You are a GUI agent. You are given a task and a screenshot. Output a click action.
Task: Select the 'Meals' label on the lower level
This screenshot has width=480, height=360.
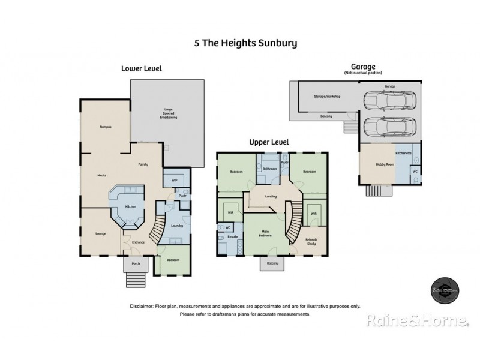coord(103,176)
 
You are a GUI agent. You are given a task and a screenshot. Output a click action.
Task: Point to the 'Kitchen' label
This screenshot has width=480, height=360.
coord(130,207)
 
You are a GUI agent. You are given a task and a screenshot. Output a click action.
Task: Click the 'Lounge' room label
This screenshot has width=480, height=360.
coord(100,234)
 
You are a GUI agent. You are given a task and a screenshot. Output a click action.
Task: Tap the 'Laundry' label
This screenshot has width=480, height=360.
coord(176,226)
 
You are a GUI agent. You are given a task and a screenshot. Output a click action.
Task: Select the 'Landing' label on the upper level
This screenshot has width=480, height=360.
coord(271,196)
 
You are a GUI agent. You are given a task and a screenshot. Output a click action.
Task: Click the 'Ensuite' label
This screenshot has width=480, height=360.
coord(232,237)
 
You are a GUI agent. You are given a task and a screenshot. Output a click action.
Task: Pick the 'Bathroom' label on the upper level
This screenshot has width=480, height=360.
coord(269,169)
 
